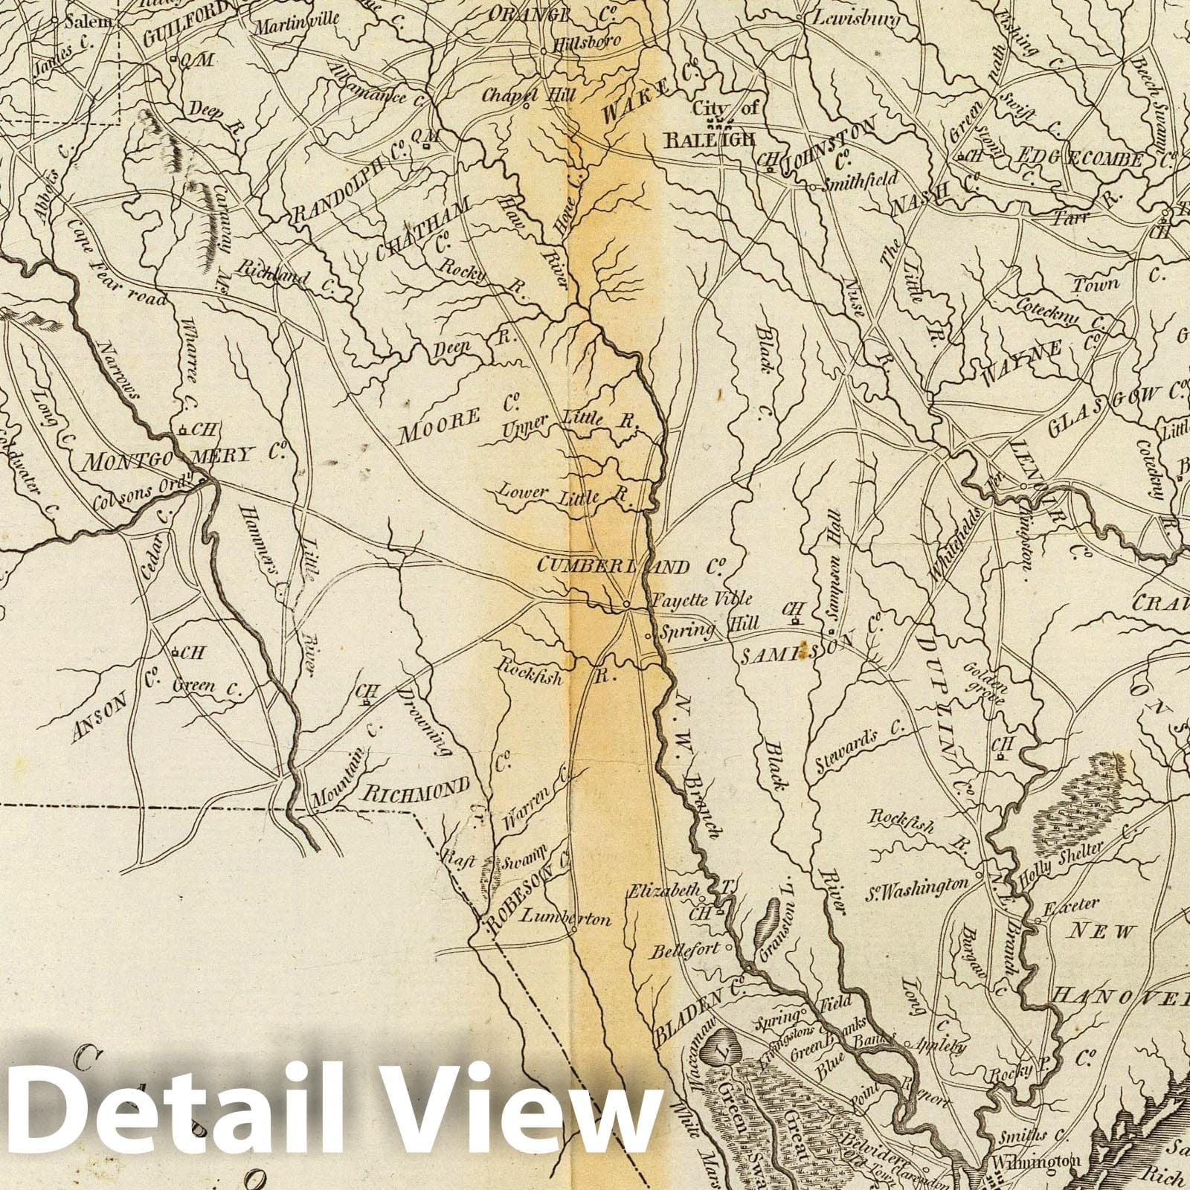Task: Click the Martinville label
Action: coord(296,24)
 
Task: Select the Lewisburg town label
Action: coord(855,18)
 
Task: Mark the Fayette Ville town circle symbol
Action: coord(627,604)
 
